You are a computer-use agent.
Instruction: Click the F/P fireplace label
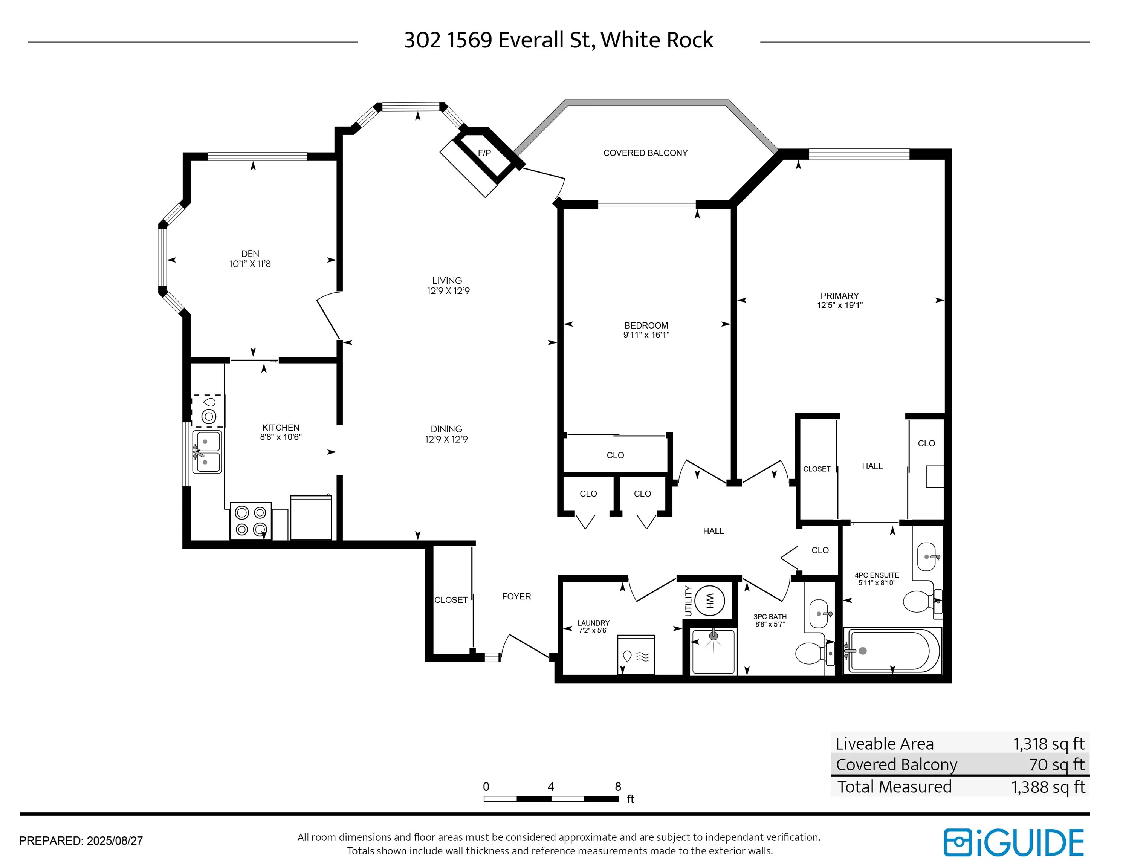pyautogui.click(x=484, y=153)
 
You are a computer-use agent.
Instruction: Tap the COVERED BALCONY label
pyautogui.click(x=645, y=153)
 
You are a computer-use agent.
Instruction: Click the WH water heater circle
pyautogui.click(x=710, y=600)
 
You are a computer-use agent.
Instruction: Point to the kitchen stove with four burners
pyautogui.click(x=251, y=521)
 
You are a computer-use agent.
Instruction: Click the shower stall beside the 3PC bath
pyautogui.click(x=713, y=651)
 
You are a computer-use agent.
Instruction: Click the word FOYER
pyautogui.click(x=516, y=596)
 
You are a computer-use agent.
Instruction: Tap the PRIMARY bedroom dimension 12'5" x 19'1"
pyautogui.click(x=840, y=305)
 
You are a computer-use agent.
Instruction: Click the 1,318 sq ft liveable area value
pyautogui.click(x=1048, y=744)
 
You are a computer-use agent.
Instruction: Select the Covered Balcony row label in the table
pyautogui.click(x=896, y=765)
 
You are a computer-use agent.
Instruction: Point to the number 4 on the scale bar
pyautogui.click(x=551, y=786)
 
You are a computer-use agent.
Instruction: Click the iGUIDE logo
pyautogui.click(x=1013, y=843)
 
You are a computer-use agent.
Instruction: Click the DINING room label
pyautogui.click(x=446, y=429)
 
